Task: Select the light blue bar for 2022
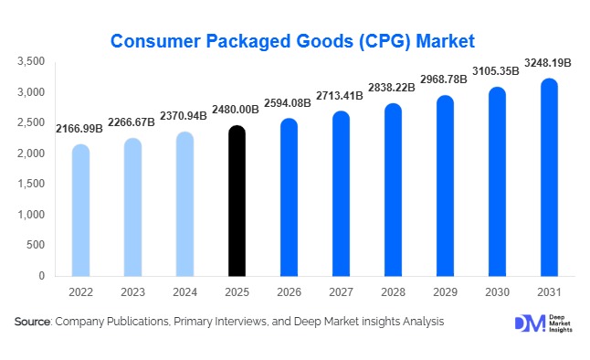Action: point(80,210)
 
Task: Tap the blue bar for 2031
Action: point(549,177)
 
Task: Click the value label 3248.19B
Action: point(549,65)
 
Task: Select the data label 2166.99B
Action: point(79,131)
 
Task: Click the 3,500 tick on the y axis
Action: point(32,61)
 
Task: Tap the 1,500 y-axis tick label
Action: point(32,184)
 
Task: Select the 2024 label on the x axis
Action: point(184,293)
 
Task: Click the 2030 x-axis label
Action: point(497,293)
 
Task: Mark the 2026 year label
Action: point(289,293)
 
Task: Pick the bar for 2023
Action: point(132,206)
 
